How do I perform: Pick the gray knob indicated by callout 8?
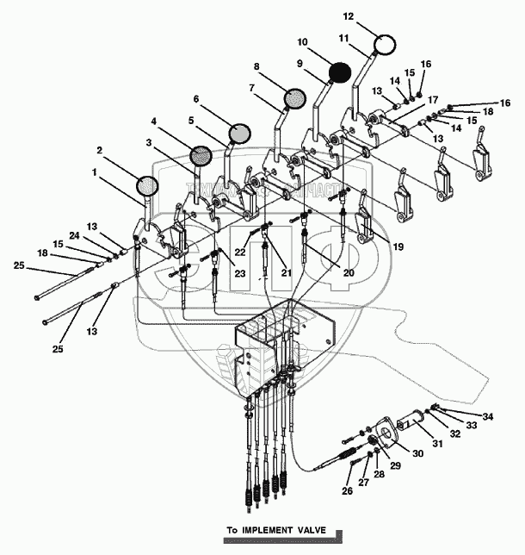293,98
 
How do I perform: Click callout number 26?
348,492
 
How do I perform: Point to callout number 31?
437,444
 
